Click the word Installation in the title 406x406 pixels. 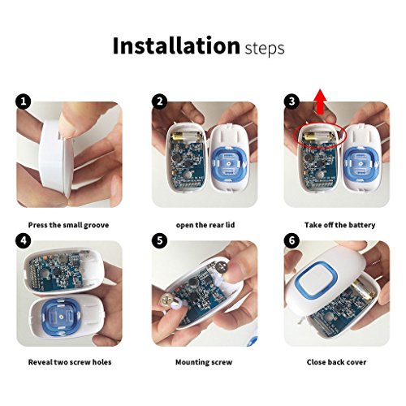[x=176, y=45]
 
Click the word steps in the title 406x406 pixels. [x=265, y=49]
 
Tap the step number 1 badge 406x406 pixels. [x=24, y=101]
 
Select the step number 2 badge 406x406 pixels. [x=160, y=101]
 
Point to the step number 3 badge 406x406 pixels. [x=292, y=101]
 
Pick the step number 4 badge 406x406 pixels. [x=24, y=240]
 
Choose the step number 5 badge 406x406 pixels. [x=160, y=240]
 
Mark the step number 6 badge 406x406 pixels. [x=292, y=240]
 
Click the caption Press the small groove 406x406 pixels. [x=68, y=225]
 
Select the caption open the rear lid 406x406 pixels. [x=205, y=225]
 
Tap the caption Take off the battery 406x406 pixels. [x=339, y=225]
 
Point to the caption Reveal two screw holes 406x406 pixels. [x=70, y=362]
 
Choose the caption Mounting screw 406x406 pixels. [x=204, y=362]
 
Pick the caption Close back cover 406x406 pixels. [x=336, y=362]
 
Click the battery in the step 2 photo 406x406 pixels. [x=186, y=136]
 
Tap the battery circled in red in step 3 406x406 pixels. [x=319, y=136]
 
